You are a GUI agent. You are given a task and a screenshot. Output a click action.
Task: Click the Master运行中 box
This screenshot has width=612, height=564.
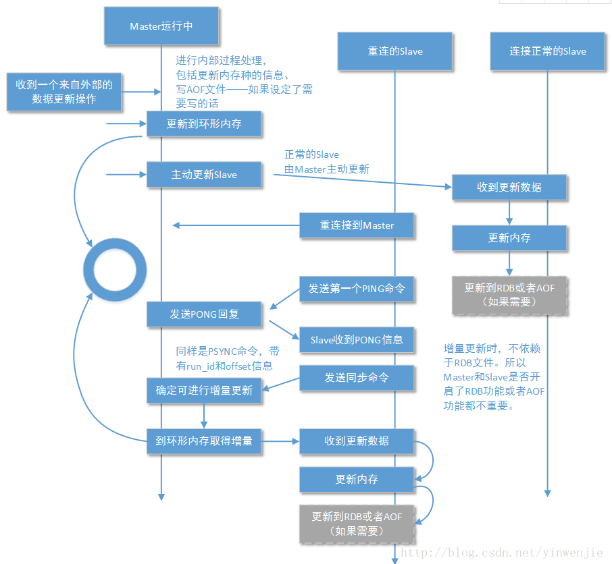(x=161, y=26)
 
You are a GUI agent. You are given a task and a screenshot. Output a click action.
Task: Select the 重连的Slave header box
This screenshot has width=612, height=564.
(x=395, y=51)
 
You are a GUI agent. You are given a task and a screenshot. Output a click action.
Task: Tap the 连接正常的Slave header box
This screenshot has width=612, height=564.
(x=547, y=51)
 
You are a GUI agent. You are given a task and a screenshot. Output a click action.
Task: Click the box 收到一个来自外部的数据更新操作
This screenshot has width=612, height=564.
(x=64, y=92)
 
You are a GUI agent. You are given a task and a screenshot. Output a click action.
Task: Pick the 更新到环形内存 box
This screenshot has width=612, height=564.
(x=204, y=124)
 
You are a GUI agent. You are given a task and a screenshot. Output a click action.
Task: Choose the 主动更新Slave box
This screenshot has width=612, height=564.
(x=204, y=175)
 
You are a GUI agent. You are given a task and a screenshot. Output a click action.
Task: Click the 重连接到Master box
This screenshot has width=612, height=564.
(x=357, y=225)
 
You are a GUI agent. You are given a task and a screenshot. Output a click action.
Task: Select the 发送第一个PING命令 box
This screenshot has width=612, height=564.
(x=357, y=289)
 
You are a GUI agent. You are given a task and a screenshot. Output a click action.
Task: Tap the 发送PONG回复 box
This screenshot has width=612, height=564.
(x=204, y=314)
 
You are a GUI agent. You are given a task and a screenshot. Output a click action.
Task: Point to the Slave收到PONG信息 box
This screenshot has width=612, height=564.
(x=357, y=339)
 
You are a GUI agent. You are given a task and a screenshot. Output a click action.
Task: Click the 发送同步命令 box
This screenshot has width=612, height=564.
(x=357, y=378)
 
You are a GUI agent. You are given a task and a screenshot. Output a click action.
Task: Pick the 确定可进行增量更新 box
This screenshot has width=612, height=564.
(x=204, y=391)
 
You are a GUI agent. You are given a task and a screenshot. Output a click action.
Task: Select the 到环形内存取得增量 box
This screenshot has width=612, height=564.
(x=204, y=441)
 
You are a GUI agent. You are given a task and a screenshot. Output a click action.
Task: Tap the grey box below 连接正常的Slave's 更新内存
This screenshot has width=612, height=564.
(x=509, y=295)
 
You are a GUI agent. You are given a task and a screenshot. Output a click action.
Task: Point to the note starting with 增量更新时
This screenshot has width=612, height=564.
(x=492, y=377)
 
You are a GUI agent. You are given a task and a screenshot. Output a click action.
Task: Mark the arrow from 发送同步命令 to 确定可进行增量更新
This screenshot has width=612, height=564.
(x=281, y=383)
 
